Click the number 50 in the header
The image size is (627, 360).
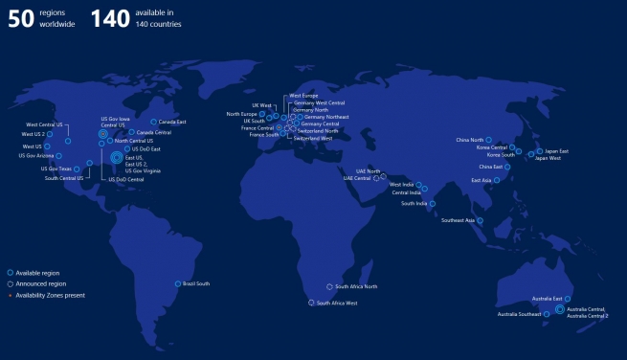click(x=21, y=18)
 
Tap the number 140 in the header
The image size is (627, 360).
click(x=111, y=18)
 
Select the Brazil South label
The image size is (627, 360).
click(x=196, y=283)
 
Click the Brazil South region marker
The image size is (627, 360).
click(x=178, y=283)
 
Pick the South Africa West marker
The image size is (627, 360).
click(x=309, y=303)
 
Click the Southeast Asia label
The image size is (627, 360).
click(x=458, y=220)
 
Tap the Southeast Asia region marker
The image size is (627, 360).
click(x=480, y=220)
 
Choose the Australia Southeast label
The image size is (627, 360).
click(x=519, y=314)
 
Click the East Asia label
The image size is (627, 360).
click(x=481, y=180)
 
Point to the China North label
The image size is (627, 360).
click(x=470, y=140)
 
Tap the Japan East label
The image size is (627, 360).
click(x=557, y=151)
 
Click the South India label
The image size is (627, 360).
click(x=414, y=203)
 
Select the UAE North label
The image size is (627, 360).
click(x=368, y=171)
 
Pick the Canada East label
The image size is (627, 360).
click(x=172, y=122)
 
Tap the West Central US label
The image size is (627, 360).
click(x=44, y=124)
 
